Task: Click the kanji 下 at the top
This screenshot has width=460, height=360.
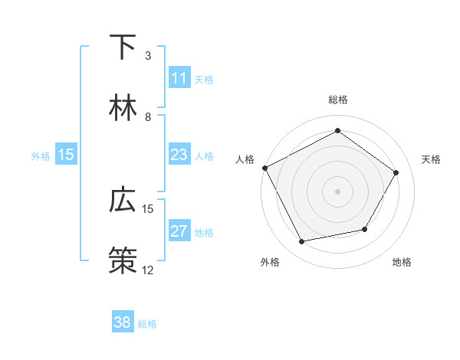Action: pos(123,47)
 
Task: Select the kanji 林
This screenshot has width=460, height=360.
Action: pos(123,109)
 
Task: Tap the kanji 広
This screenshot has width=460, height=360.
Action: pos(123,201)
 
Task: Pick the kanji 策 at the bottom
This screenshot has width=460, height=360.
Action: pos(123,261)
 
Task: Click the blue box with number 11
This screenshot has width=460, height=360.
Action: pos(179,78)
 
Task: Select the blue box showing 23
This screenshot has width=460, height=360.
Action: pos(179,155)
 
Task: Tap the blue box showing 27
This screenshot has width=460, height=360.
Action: pos(179,231)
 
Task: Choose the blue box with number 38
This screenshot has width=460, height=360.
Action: pos(123,322)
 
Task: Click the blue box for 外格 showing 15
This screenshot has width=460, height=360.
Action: pos(66,155)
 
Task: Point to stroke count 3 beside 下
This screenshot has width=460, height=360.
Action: pos(148,56)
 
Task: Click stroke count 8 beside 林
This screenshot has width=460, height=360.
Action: pos(148,117)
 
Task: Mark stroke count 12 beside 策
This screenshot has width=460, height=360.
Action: pos(148,270)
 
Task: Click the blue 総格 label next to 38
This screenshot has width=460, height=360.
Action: pos(147,324)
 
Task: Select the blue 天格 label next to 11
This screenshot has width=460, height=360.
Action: pos(204,80)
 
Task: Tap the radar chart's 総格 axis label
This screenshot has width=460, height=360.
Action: pos(338,100)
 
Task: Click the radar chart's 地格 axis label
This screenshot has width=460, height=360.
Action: pos(402,262)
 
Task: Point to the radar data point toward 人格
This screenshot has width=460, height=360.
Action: pos(264,168)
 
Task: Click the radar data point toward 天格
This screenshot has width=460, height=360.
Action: pos(396,173)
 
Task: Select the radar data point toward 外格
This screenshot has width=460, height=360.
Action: pos(302,242)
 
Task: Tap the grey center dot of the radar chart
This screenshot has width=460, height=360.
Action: pos(338,191)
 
